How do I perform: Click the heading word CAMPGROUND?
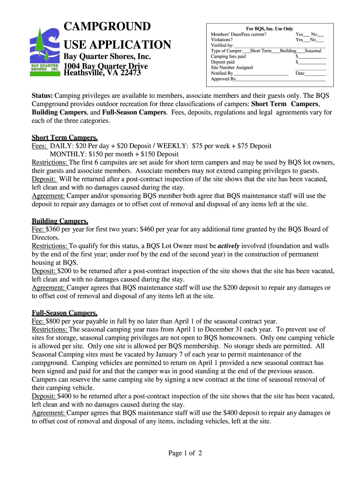[107, 26]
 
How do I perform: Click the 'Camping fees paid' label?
[228, 56]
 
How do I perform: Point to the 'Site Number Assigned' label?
[231, 67]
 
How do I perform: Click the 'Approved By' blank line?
[281, 79]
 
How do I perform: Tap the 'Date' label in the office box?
[300, 73]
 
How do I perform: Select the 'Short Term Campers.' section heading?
[65, 138]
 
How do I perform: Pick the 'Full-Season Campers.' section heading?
[65, 312]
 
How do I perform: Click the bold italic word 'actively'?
[229, 246]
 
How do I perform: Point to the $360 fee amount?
[54, 229]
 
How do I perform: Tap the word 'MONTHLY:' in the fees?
[66, 154]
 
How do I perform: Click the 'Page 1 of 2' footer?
[185, 453]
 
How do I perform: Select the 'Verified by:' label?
[222, 45]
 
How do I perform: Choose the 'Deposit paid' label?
[223, 62]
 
